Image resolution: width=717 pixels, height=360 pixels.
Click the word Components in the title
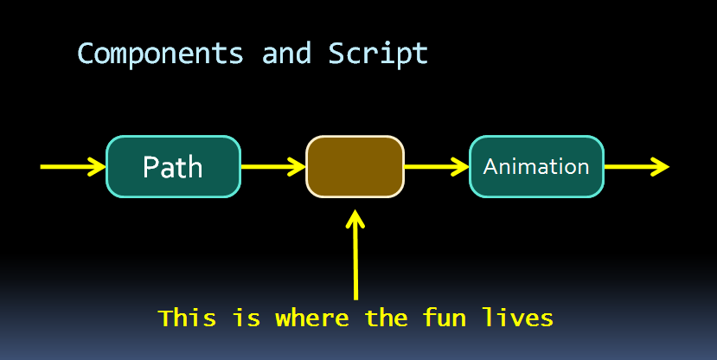pos(160,54)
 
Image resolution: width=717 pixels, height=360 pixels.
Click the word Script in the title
pos(378,54)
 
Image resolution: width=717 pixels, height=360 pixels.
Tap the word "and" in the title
pos(286,54)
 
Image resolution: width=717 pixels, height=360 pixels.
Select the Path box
pos(173,166)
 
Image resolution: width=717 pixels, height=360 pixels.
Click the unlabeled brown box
pos(355,166)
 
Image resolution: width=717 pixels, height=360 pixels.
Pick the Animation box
pos(536,166)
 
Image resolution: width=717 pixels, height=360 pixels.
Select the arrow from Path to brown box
pos(272,166)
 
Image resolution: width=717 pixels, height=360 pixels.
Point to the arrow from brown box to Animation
pos(436,166)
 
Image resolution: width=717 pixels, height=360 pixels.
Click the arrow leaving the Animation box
pos(636,166)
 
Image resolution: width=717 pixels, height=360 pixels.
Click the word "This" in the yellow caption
pos(188,318)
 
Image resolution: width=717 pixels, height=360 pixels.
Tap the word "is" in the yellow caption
pos(246,318)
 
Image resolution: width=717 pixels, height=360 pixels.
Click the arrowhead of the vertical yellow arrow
pos(355,217)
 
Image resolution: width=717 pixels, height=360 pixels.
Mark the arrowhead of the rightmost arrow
pos(661,166)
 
